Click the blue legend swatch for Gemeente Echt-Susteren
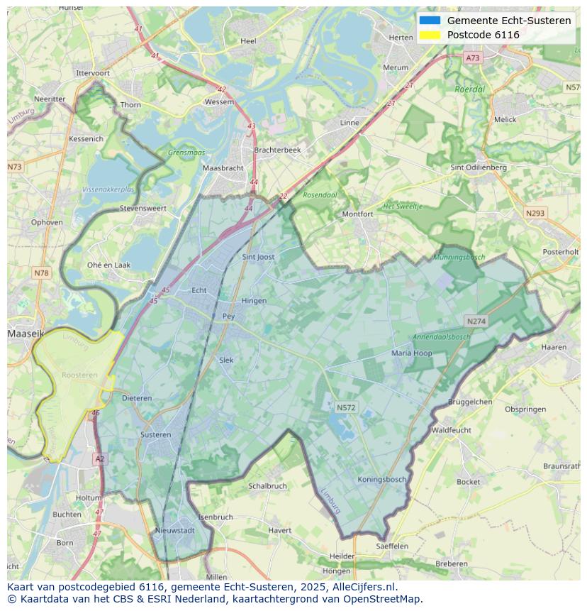click(x=430, y=21)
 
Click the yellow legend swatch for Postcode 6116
click(x=430, y=35)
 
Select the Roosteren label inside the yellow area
click(x=79, y=375)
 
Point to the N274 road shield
click(x=476, y=321)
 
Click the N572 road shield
click(x=346, y=407)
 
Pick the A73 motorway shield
click(x=473, y=58)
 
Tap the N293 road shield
click(x=535, y=213)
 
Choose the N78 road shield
click(x=41, y=273)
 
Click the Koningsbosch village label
click(x=382, y=480)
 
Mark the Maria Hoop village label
click(x=412, y=353)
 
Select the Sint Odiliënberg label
click(x=479, y=167)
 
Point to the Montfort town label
click(x=357, y=214)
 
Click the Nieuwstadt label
click(x=174, y=530)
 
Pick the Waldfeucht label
click(x=451, y=430)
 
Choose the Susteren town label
click(x=155, y=434)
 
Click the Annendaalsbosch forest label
click(x=442, y=337)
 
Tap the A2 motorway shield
click(x=100, y=459)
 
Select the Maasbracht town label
click(x=223, y=168)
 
